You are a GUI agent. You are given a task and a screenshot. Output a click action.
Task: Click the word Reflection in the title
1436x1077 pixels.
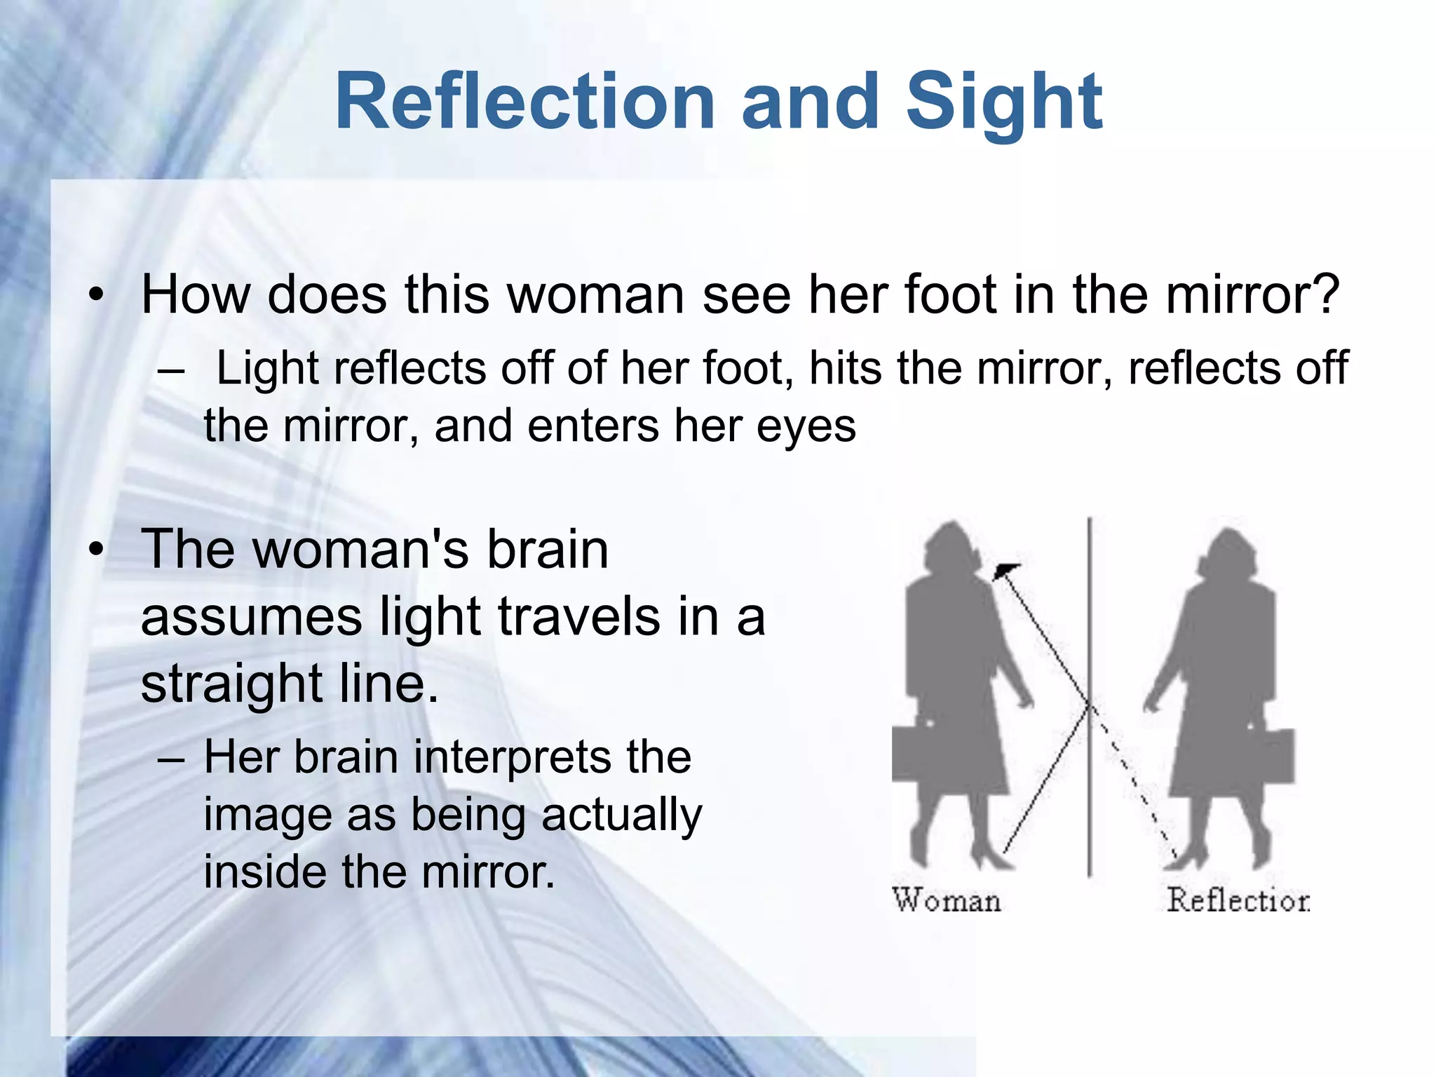point(524,102)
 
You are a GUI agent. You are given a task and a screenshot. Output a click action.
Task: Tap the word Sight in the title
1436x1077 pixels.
point(1004,104)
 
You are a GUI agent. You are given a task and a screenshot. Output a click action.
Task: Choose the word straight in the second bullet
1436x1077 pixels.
point(231,684)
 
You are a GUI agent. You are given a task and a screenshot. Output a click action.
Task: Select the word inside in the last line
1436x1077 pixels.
point(264,872)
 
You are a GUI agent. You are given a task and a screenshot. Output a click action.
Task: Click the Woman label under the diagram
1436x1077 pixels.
point(947,900)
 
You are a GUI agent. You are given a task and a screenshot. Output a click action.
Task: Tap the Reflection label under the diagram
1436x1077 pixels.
point(1238,900)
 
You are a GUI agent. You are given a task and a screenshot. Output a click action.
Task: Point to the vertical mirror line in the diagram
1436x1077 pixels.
point(1089,631)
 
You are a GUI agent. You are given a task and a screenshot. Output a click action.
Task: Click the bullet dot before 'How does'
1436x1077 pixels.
point(96,295)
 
